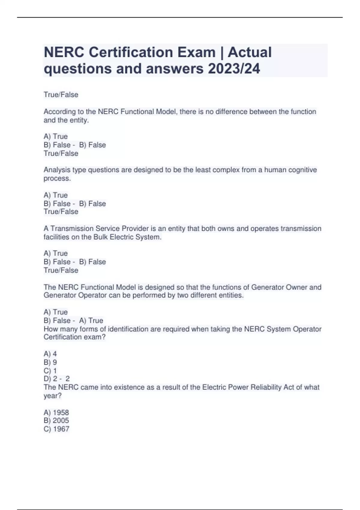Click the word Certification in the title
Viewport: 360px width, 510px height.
click(x=130, y=52)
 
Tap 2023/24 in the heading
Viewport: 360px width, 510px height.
click(x=234, y=69)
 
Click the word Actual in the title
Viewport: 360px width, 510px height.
click(x=250, y=52)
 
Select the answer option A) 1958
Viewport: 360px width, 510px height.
click(x=56, y=412)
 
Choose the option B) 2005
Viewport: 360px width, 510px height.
click(x=56, y=421)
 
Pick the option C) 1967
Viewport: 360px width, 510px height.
click(x=56, y=429)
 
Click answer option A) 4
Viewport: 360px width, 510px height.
click(x=50, y=354)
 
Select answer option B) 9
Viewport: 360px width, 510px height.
click(x=50, y=362)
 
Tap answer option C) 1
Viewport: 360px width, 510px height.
click(x=50, y=370)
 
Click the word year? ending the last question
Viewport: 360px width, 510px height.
click(x=52, y=396)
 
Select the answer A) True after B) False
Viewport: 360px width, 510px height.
click(x=91, y=320)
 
